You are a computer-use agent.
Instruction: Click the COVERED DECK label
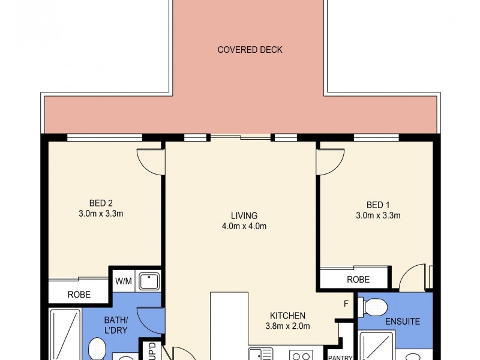(250, 50)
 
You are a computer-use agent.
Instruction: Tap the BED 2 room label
(101, 203)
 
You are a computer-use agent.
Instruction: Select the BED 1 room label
(378, 205)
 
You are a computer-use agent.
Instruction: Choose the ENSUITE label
(402, 322)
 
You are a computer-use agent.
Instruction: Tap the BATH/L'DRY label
(116, 325)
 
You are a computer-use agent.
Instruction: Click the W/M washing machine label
(124, 281)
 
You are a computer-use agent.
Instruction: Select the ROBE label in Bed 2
(79, 295)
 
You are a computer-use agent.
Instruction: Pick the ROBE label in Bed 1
(358, 280)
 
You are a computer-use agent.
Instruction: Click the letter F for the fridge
(346, 304)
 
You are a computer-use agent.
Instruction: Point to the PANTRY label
(340, 357)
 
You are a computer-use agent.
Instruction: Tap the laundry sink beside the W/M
(149, 281)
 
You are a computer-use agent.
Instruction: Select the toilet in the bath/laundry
(97, 349)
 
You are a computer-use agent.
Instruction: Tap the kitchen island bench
(229, 326)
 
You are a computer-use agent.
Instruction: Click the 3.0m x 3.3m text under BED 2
(101, 214)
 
